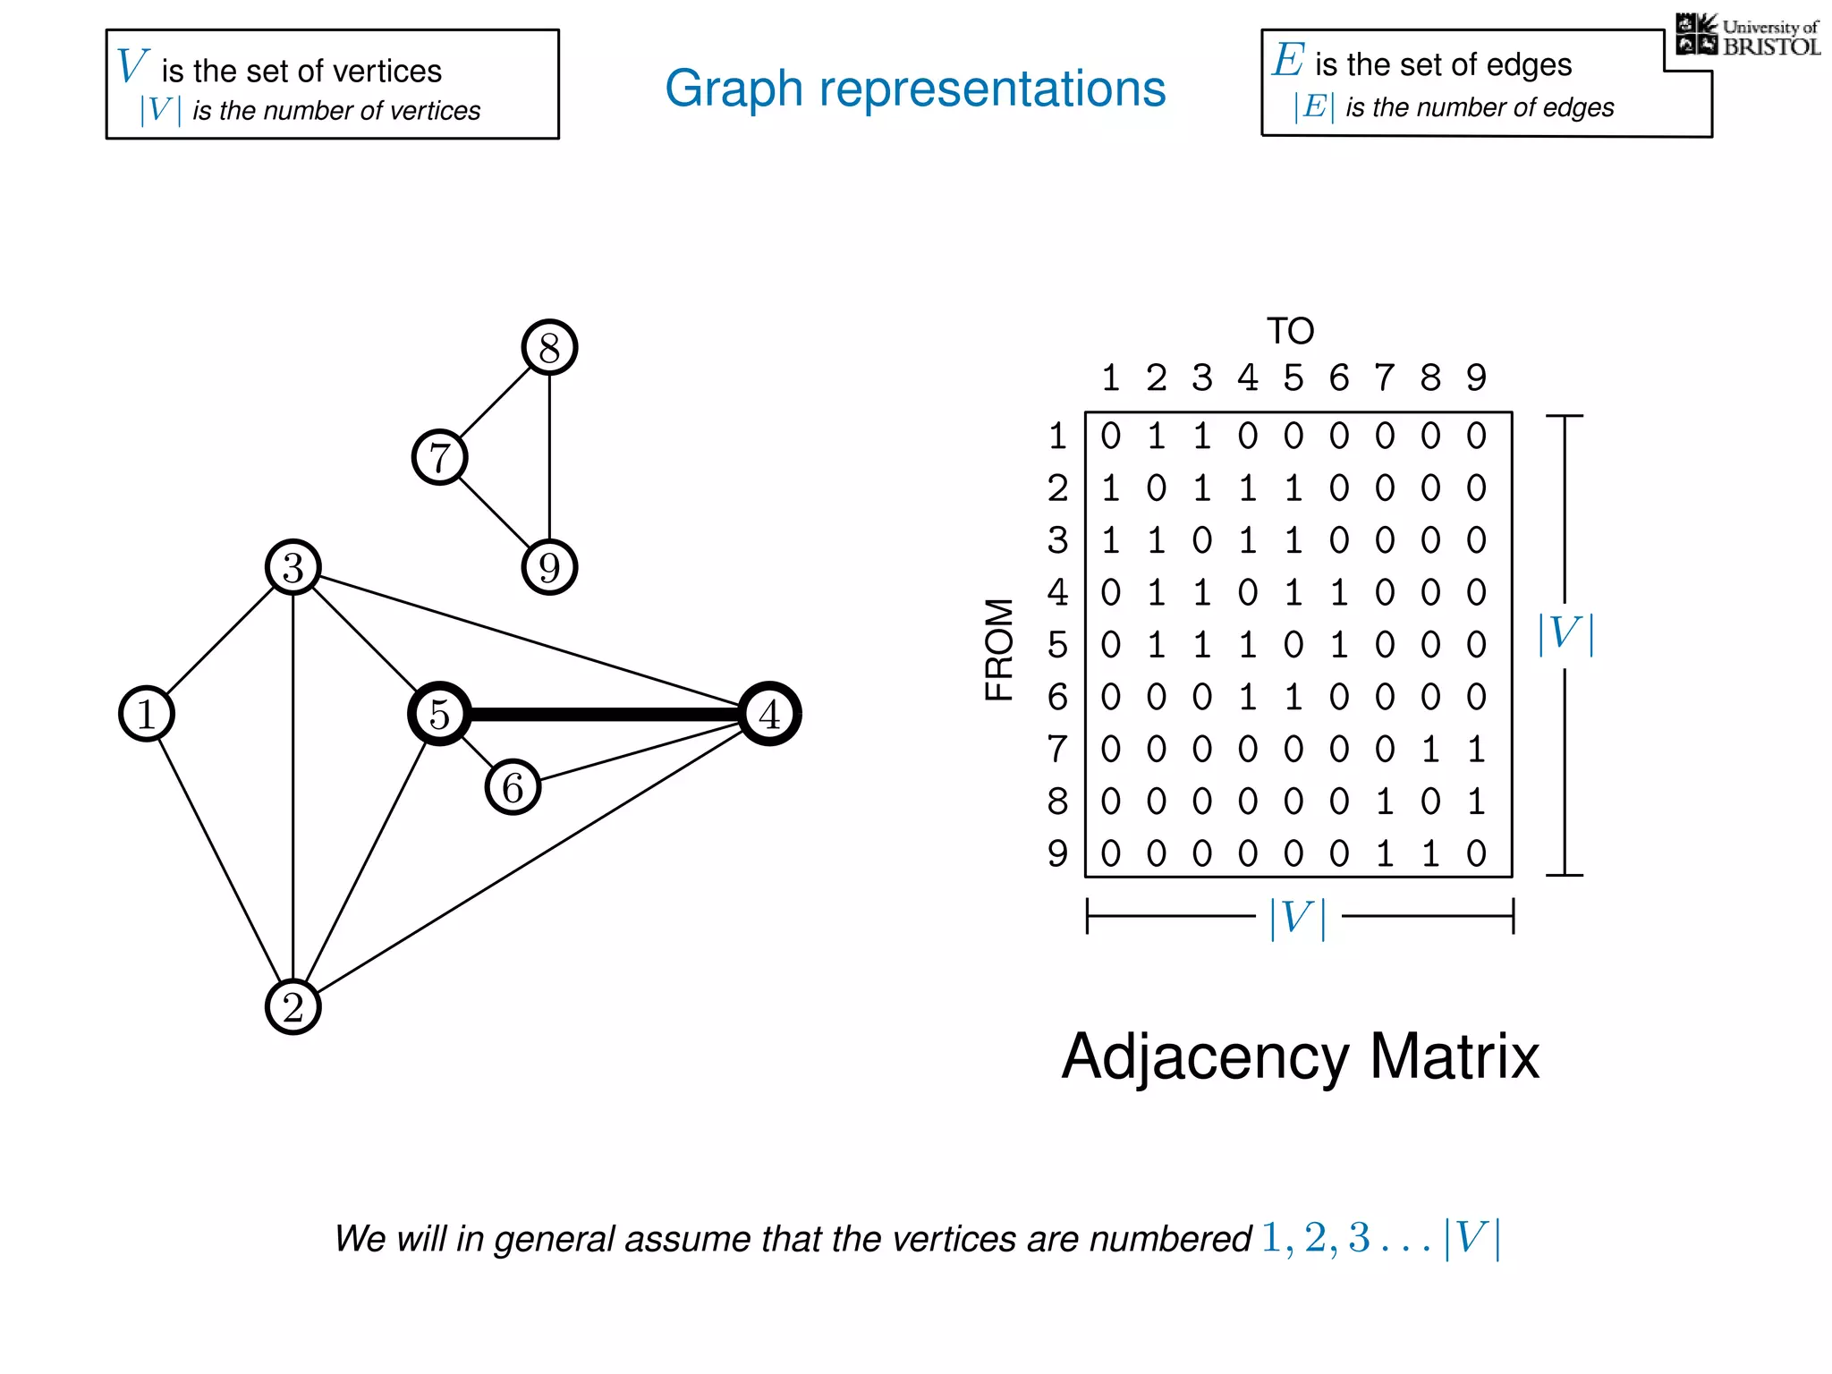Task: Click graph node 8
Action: (549, 347)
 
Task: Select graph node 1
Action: (146, 714)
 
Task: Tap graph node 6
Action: (513, 787)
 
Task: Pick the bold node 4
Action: (769, 714)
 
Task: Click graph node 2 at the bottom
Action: (293, 1006)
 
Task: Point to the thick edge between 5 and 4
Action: (604, 714)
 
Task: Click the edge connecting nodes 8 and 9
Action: (549, 456)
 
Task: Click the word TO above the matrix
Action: (1290, 331)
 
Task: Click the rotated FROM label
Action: (999, 649)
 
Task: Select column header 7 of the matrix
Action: (1384, 377)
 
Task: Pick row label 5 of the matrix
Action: (1057, 645)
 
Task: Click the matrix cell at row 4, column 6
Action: (1338, 592)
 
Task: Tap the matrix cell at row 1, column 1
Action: (1110, 436)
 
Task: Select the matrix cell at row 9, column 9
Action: (1476, 853)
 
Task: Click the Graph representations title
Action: (915, 88)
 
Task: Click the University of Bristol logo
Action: (1747, 36)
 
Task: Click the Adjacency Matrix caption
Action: (1300, 1056)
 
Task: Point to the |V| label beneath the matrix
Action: (1298, 918)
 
